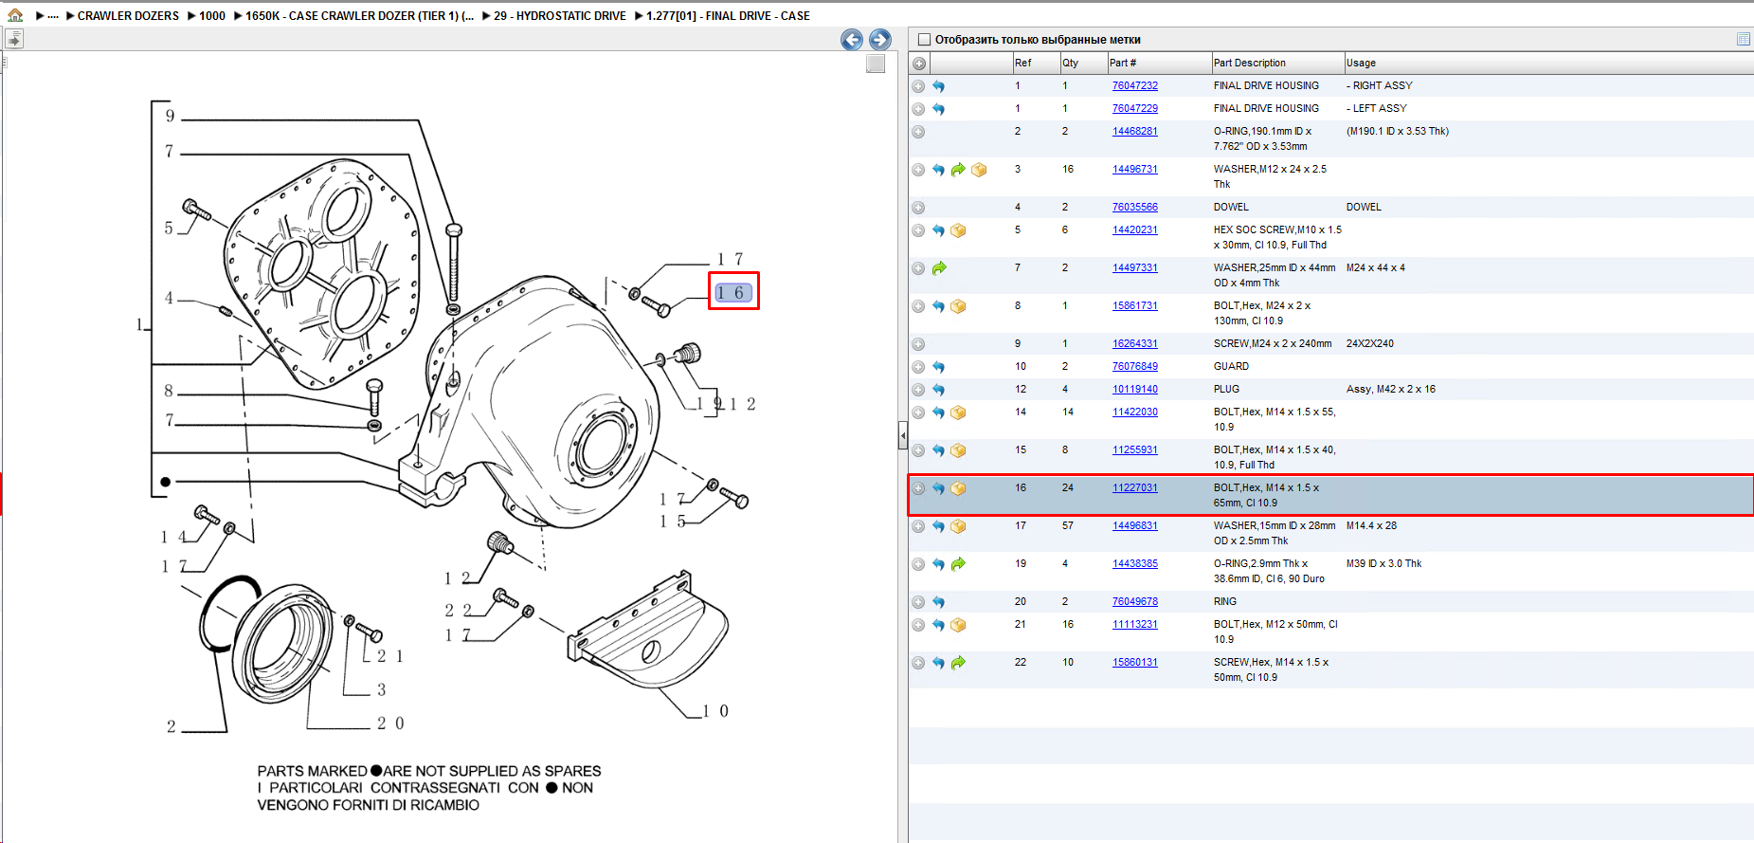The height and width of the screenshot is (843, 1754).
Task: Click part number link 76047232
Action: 1134,85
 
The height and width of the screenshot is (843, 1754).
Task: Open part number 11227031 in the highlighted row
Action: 1134,487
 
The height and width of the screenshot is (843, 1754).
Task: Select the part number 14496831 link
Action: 1134,525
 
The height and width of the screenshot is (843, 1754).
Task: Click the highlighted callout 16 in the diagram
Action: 733,293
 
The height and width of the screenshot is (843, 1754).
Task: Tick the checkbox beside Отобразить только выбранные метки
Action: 925,40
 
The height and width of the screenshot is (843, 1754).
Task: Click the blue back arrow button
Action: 852,39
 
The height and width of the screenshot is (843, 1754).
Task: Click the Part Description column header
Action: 1249,63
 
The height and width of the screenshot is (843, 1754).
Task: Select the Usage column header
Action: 1361,63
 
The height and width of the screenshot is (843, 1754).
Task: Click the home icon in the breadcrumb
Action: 15,15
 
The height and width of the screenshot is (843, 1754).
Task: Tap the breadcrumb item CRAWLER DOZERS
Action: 128,16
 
